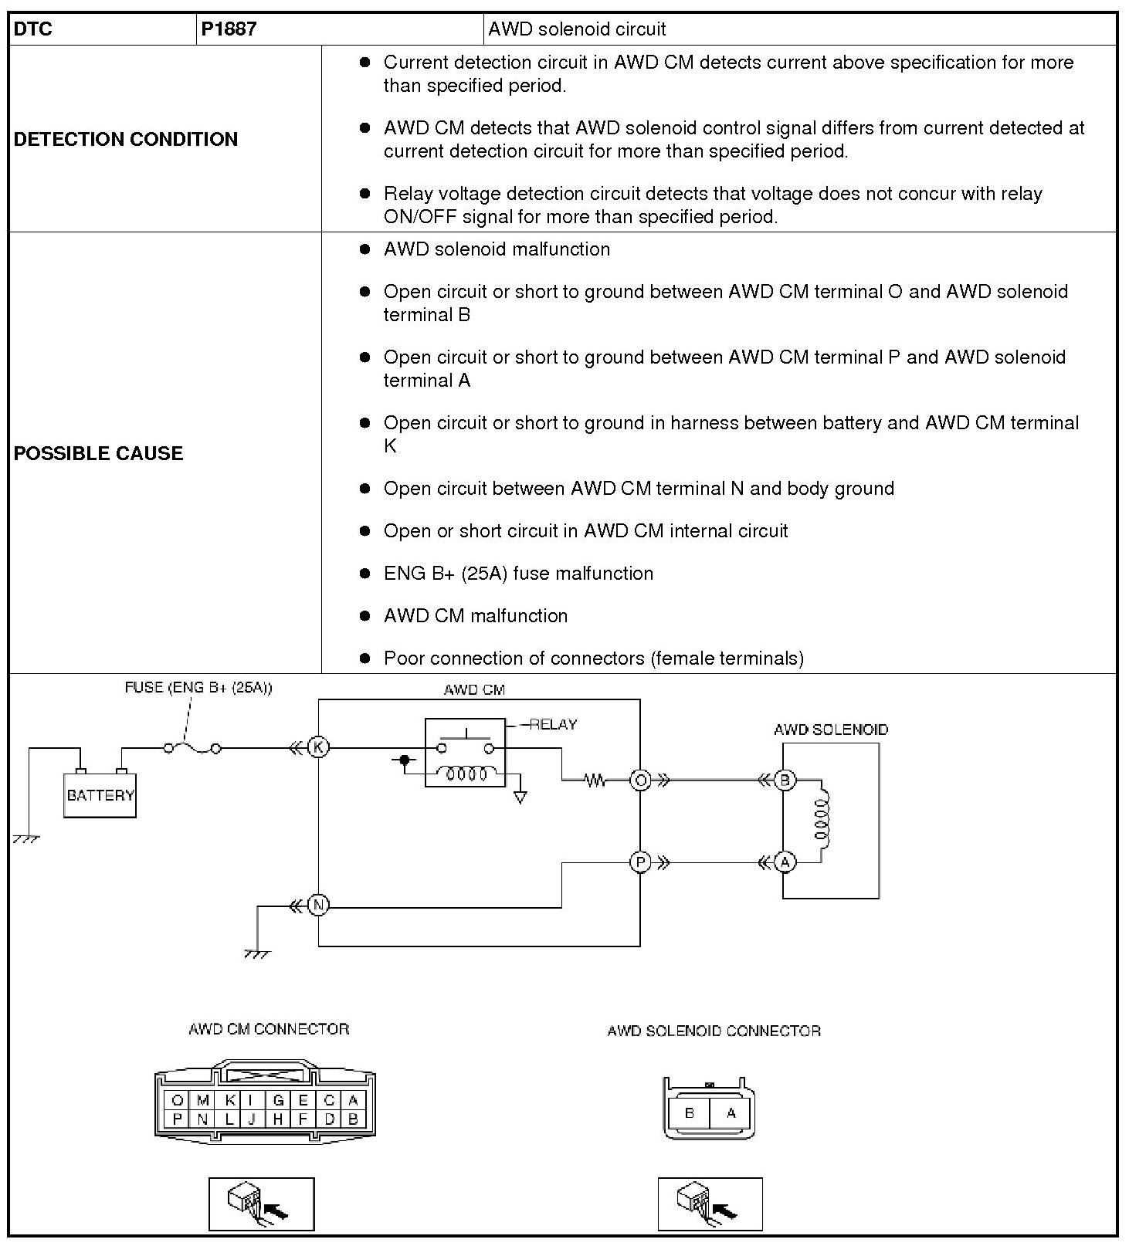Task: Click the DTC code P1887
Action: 229,29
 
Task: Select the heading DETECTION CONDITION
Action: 126,139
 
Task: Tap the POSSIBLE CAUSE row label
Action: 98,453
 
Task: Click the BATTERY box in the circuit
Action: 100,795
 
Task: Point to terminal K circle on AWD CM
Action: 318,747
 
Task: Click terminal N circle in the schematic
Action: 318,905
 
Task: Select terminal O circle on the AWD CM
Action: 640,780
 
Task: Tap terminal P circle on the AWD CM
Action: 640,862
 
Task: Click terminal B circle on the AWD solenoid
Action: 785,780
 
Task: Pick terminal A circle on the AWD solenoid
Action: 785,862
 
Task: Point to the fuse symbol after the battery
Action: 192,748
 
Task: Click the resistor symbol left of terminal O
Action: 595,780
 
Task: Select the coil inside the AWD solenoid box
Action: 821,821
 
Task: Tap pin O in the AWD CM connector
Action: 178,1101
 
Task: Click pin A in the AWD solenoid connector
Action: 731,1113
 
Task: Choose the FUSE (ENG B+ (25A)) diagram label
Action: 198,687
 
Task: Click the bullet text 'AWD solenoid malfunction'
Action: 497,249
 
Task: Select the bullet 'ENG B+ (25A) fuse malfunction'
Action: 518,574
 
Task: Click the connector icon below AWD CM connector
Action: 261,1204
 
